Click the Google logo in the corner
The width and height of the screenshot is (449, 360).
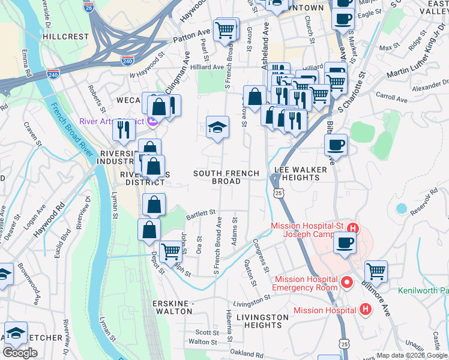(20, 353)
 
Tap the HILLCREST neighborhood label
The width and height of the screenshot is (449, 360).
(67, 37)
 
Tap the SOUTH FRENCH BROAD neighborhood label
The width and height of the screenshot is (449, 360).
(226, 177)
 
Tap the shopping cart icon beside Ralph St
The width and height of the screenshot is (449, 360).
(171, 250)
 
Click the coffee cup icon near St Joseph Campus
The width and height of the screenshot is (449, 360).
(345, 242)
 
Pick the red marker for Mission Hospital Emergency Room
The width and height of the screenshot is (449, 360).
(346, 281)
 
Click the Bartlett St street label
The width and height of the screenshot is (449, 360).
(200, 213)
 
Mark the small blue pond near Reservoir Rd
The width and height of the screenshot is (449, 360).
(401, 208)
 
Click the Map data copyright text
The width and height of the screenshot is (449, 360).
(412, 355)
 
